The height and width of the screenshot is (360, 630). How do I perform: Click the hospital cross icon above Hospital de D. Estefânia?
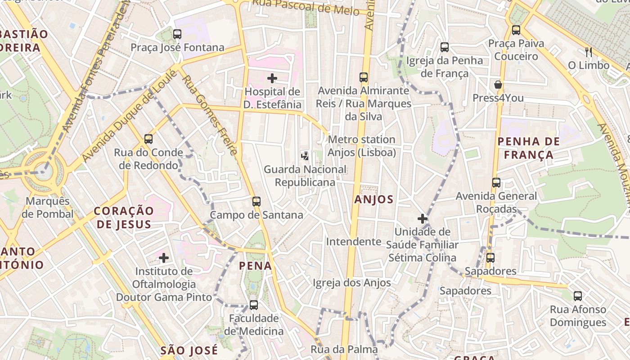[x=272, y=78]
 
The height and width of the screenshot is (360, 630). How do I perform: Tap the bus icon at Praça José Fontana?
[x=177, y=34]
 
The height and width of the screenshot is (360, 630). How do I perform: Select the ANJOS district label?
[x=373, y=199]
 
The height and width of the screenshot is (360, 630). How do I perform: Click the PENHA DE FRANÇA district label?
[x=528, y=148]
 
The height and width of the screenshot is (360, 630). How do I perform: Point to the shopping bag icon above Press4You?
[x=498, y=85]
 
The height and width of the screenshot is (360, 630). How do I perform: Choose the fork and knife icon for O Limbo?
[x=588, y=52]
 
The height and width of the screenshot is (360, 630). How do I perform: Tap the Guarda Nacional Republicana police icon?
[x=305, y=156]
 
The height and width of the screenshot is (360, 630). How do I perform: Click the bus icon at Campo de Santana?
[x=256, y=201]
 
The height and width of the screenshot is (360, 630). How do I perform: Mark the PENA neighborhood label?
[x=255, y=265]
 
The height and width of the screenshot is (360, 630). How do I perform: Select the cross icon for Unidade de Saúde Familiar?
[x=422, y=219]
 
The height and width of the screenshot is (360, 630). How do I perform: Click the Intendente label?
[x=353, y=242]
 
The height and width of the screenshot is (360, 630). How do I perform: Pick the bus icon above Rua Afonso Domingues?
[x=578, y=296]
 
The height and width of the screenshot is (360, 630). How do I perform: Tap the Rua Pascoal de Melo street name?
[x=306, y=6]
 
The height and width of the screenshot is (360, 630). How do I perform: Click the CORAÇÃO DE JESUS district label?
[x=123, y=217]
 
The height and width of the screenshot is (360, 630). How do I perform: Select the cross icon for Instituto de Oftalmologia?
[x=164, y=258]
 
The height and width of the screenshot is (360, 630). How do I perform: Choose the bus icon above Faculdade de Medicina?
[x=254, y=305]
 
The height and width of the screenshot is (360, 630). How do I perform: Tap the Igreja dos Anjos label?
[x=351, y=283]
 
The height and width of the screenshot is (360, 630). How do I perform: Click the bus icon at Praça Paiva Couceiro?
[x=516, y=30]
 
